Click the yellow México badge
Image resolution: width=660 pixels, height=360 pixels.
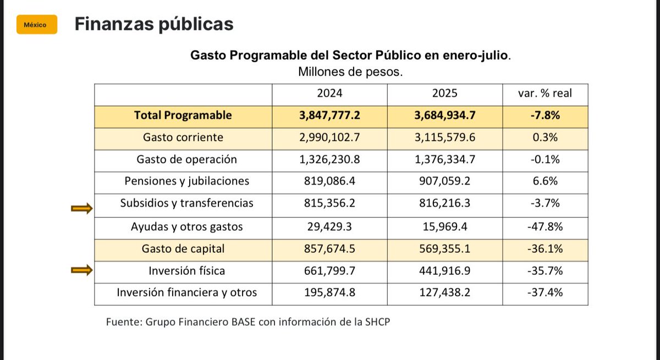(37, 25)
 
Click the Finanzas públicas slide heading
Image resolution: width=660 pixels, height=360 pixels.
(153, 24)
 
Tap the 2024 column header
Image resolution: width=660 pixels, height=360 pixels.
(329, 93)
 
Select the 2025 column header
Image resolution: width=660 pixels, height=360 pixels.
(444, 93)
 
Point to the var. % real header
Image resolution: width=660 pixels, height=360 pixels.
(545, 93)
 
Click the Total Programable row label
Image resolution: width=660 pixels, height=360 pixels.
(183, 115)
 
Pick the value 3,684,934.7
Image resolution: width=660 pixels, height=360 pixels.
(444, 115)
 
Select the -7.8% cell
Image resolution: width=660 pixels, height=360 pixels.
(545, 115)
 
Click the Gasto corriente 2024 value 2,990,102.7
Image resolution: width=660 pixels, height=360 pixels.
(329, 137)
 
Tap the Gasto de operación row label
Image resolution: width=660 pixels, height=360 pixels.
(186, 159)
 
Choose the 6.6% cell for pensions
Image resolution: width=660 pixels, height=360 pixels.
(545, 181)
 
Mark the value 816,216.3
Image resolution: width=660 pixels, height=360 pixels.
(444, 203)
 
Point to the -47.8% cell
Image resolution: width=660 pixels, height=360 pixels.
(545, 226)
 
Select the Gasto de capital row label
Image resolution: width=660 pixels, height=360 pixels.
(183, 248)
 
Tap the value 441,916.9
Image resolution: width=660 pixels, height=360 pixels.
(444, 271)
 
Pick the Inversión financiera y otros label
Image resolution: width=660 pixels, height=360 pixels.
(186, 293)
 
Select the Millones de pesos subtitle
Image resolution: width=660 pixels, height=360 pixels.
(350, 72)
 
